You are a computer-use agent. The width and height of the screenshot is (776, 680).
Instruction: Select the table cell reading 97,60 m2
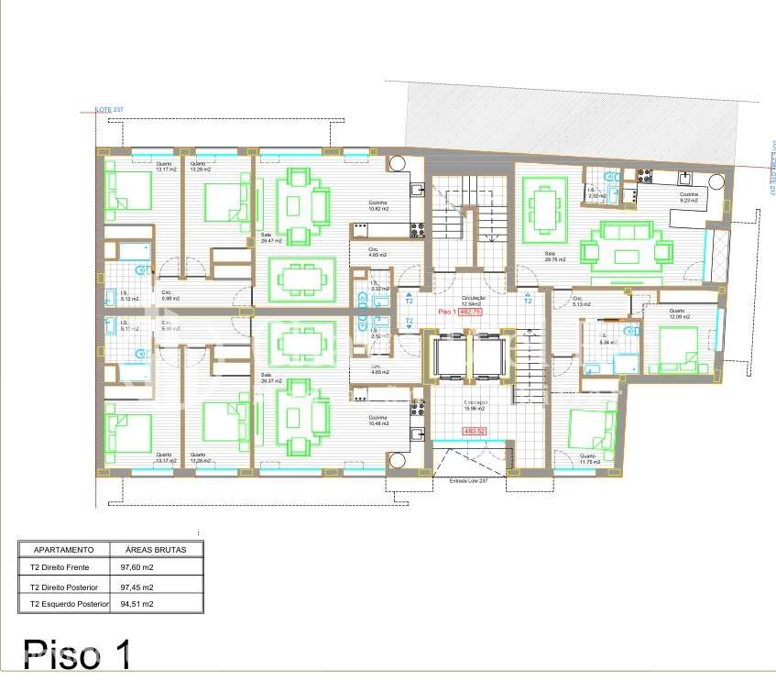[x=130, y=568]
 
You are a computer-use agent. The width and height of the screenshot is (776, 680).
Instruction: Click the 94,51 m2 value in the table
[x=130, y=604]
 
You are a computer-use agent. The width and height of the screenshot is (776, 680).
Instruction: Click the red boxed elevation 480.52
[x=475, y=431]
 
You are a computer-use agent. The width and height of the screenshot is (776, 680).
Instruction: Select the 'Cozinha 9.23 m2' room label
[x=688, y=197]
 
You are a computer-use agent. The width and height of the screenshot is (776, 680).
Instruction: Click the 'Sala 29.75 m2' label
[x=554, y=258]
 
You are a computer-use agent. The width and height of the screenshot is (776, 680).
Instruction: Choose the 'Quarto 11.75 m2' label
[x=588, y=459]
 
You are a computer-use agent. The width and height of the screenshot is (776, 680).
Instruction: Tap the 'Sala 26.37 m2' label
[x=272, y=377]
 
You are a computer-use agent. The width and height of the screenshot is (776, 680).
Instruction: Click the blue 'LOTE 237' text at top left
[x=109, y=110]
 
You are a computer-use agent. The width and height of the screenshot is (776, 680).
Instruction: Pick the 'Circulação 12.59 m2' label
[x=474, y=301]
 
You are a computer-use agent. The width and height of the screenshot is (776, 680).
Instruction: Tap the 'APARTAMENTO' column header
[x=64, y=550]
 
